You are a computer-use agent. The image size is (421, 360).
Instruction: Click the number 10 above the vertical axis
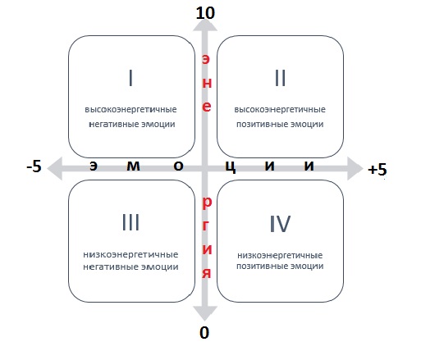click(x=205, y=13)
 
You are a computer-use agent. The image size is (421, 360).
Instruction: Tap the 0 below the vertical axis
click(x=204, y=333)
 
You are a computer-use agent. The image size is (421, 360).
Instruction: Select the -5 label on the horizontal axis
click(x=34, y=166)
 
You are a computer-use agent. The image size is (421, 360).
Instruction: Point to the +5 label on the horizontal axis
click(x=378, y=170)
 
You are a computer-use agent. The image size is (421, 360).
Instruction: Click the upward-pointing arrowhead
click(x=205, y=25)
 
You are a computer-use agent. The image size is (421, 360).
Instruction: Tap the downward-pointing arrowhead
click(x=205, y=313)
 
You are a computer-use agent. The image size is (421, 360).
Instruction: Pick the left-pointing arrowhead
click(x=55, y=168)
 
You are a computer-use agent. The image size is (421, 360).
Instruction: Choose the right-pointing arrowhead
click(x=355, y=168)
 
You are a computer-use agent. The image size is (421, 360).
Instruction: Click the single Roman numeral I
click(x=130, y=78)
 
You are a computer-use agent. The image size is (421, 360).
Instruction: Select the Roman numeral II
click(x=280, y=78)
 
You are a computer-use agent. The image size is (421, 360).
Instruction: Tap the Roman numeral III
click(x=130, y=222)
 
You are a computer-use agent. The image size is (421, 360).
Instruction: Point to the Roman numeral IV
click(x=280, y=224)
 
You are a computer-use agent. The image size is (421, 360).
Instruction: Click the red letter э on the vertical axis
click(x=206, y=59)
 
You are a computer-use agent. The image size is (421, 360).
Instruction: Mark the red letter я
click(x=207, y=273)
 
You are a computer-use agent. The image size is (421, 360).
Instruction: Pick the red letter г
click(x=205, y=226)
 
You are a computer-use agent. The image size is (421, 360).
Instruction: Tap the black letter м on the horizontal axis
click(x=133, y=166)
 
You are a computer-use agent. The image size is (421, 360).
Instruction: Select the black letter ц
click(x=231, y=166)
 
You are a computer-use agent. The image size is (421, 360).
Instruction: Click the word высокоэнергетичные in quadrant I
click(x=130, y=110)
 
